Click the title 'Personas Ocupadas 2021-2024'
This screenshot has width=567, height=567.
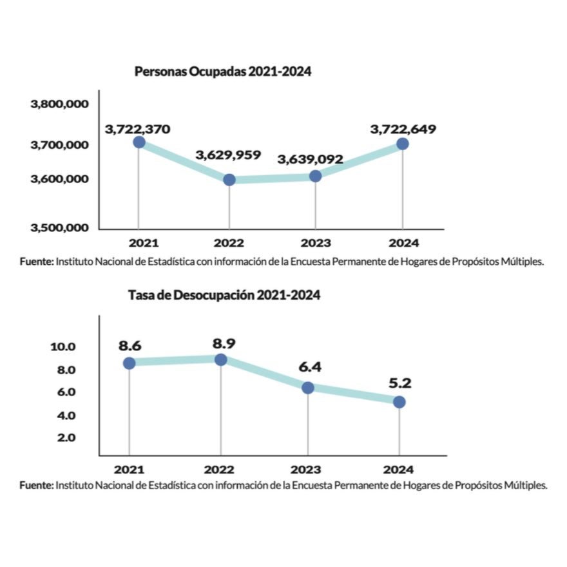coord(223,72)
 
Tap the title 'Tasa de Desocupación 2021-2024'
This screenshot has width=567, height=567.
coord(224,296)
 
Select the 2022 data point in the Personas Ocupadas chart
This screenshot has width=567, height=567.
coord(229,180)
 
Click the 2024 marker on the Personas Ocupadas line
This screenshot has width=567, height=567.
coord(403,144)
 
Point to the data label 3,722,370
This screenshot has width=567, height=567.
coord(137,130)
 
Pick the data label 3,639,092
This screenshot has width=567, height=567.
coord(311,160)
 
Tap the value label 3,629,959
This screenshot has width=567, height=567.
coord(228,155)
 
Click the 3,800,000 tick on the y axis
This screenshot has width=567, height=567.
coord(60,104)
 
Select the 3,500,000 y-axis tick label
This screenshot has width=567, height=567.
coord(60,228)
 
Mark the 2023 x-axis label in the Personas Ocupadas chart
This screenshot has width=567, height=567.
coord(316,243)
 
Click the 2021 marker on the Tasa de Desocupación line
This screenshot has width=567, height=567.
coord(129,363)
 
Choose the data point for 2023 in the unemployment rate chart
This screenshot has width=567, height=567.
coord(308,388)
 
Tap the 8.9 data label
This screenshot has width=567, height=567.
coord(224,343)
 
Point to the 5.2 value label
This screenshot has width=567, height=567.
coord(400,383)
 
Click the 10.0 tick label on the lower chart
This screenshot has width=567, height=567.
coord(63,347)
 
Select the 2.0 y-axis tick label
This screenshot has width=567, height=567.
coord(66,438)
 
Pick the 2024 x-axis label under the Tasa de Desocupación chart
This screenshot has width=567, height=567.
coord(398,470)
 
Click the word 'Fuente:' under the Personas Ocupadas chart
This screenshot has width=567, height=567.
coord(37,262)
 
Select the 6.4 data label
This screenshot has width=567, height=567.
coord(310,367)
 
